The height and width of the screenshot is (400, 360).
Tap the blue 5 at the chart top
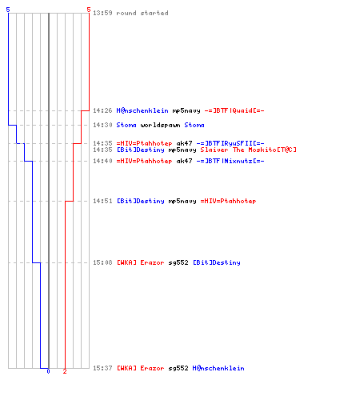[x=8, y=10]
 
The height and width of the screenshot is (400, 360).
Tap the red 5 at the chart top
[x=89, y=10]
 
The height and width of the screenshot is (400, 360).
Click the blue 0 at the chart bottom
[x=48, y=371]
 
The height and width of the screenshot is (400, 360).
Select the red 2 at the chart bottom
[x=65, y=371]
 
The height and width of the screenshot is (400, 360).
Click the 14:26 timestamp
[x=102, y=110]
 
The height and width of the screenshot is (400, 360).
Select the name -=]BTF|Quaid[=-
[x=234, y=110]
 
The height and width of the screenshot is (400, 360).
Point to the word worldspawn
[x=160, y=125]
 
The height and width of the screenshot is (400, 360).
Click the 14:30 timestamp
[x=102, y=125]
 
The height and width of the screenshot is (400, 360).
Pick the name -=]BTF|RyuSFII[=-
[x=230, y=143]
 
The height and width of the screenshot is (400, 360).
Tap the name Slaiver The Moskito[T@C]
[x=248, y=150]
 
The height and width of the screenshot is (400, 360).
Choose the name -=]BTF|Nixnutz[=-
[x=230, y=161]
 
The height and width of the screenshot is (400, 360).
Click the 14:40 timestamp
[x=102, y=161]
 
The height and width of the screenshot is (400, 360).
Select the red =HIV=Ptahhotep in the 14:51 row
[x=228, y=201]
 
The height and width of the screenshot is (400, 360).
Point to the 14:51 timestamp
[x=102, y=201]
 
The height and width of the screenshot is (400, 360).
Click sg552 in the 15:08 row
[x=178, y=262]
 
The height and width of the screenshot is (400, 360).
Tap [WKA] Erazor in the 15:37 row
[x=141, y=368]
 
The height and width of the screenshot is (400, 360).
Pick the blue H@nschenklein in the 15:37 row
[x=218, y=368]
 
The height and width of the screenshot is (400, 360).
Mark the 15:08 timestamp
[x=102, y=262]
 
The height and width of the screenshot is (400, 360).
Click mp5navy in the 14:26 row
[x=186, y=110]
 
